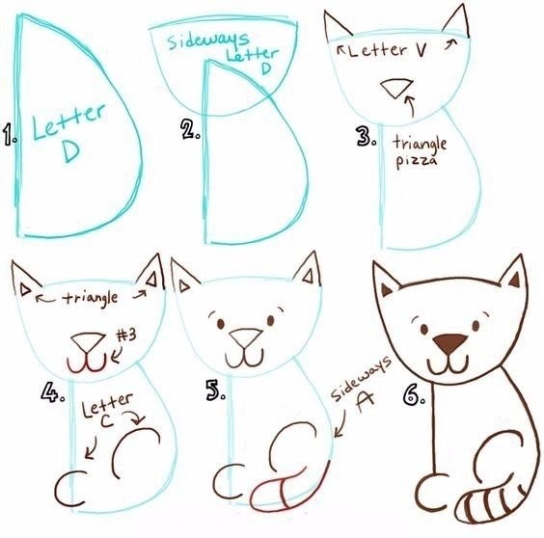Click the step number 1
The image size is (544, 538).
(10, 135)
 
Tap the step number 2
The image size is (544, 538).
(190, 129)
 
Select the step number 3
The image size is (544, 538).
(366, 136)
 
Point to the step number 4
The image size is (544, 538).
(52, 392)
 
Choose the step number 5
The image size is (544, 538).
(215, 390)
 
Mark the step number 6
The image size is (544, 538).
(414, 395)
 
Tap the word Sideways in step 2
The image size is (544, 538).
(207, 40)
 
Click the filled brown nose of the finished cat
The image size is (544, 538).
(450, 343)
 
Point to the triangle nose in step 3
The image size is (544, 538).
(396, 88)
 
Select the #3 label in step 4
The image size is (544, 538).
(126, 335)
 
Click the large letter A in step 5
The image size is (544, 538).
(365, 402)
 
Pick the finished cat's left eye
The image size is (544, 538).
(423, 329)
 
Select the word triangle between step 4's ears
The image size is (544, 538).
(92, 298)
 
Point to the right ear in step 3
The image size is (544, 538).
(456, 21)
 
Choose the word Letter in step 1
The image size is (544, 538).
(69, 121)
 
